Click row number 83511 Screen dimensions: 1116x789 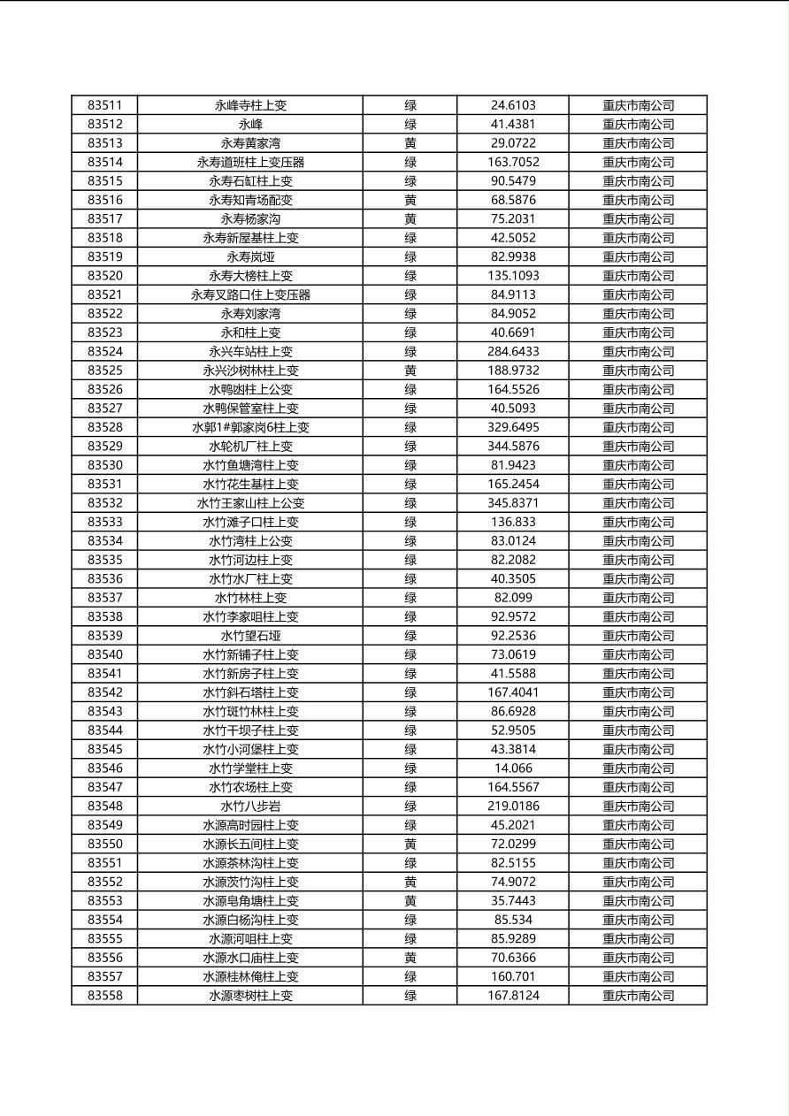coord(104,105)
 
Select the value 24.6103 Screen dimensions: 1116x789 coord(513,105)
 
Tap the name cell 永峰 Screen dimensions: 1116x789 coord(250,124)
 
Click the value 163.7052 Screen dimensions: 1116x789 coord(513,162)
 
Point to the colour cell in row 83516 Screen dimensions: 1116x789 coord(410,200)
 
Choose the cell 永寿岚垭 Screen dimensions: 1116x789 coord(250,256)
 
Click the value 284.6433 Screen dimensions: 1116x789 coord(513,351)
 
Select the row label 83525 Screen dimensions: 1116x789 coord(104,371)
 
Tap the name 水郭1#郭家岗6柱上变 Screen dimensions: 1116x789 coord(250,427)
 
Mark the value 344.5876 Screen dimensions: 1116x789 coord(513,446)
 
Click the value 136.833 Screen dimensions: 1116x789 coord(513,522)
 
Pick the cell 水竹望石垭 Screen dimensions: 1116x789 coord(250,636)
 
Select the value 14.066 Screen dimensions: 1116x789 coord(513,768)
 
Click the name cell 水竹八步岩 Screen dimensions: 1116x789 coord(250,806)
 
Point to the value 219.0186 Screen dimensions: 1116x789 coord(513,806)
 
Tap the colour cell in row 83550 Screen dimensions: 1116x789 coord(410,844)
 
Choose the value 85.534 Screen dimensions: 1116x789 coord(513,920)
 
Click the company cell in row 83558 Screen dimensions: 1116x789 coord(638,996)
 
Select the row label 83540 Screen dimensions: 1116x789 coord(104,654)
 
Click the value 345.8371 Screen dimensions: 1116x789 coord(513,503)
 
